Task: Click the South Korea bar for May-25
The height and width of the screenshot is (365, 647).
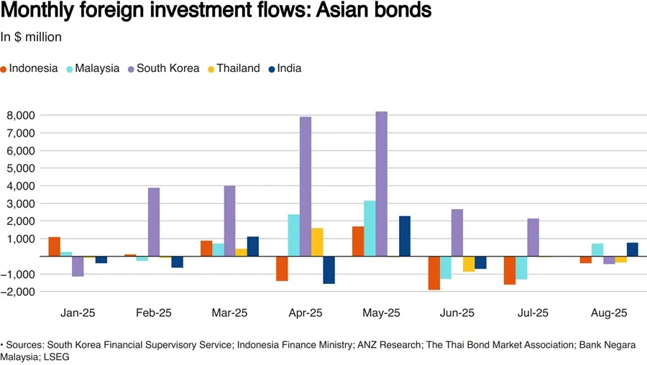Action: (381, 184)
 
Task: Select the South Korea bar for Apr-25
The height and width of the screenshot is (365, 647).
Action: (306, 186)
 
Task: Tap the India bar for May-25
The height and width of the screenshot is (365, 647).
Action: (405, 236)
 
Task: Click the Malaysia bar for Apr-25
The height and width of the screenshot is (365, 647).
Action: (293, 235)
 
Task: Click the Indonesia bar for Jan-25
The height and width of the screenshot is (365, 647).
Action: (55, 246)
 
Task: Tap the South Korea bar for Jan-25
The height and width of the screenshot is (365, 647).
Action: (78, 266)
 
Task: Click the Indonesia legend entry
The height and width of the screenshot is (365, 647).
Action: (29, 68)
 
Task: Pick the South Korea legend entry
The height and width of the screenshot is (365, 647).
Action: (161, 68)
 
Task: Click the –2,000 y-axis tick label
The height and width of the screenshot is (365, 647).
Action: (19, 292)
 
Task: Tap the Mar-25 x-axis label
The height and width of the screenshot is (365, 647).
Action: (229, 313)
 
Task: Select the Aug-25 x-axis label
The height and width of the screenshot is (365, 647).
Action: (609, 313)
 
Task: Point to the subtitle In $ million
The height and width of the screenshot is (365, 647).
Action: (31, 37)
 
